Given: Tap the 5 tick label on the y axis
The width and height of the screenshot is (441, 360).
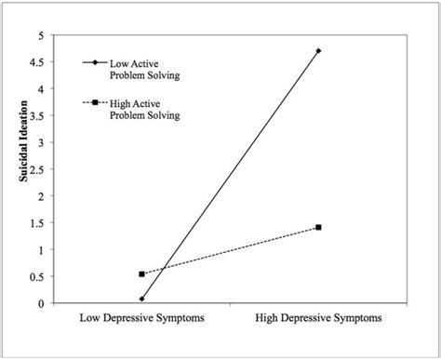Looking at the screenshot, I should (x=40, y=35).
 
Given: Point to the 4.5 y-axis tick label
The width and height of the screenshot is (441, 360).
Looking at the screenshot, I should (x=36, y=62).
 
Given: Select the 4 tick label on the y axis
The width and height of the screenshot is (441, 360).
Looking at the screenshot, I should (x=40, y=89).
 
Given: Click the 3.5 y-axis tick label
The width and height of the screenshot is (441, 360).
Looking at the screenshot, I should (x=36, y=116).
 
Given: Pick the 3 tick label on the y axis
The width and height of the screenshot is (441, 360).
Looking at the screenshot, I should (x=40, y=142).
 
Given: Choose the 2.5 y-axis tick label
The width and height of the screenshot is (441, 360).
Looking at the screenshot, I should (x=36, y=169).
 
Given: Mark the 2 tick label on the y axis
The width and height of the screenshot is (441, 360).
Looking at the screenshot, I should (x=40, y=196).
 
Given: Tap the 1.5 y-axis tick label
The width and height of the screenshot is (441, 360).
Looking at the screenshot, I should (x=36, y=223).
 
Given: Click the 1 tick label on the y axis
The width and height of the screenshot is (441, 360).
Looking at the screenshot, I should (x=40, y=250).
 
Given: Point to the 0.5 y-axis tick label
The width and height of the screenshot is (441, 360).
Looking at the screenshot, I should (x=36, y=276).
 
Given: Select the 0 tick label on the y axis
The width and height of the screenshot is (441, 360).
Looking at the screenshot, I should (x=40, y=303).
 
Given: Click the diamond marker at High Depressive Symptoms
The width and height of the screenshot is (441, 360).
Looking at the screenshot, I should (x=318, y=51).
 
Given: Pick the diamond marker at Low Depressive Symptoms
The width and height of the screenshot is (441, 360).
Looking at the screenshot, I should (x=141, y=299).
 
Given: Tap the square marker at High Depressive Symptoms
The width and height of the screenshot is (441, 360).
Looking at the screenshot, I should (x=318, y=227).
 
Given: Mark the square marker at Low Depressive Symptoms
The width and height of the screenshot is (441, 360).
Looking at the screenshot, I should (x=141, y=274).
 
